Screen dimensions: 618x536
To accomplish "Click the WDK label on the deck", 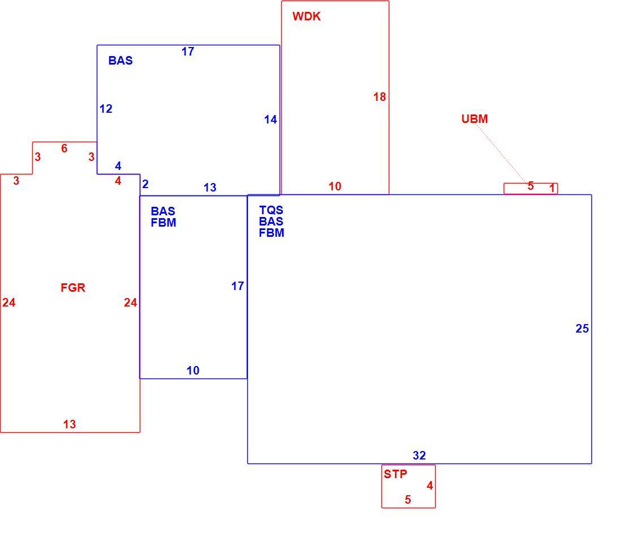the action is point(306,16).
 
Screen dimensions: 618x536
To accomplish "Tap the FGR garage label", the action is point(73,288).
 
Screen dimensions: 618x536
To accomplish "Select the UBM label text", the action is point(474,119).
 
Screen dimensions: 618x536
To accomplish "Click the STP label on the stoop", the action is point(396,474).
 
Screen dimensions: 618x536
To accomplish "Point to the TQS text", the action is point(271,210).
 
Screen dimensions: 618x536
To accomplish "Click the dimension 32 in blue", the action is point(419,456).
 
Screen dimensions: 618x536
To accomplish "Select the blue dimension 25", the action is point(582,329).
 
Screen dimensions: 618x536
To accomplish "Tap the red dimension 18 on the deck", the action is point(380,97).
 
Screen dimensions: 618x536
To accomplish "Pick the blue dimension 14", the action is point(271,120).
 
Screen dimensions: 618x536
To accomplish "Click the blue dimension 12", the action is point(106,109).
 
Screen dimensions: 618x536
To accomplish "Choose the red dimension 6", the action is point(65,148).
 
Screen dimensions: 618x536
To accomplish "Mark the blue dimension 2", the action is point(145,184).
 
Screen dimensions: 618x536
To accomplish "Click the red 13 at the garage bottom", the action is point(70,424).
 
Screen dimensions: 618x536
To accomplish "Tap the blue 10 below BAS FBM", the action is point(193,371).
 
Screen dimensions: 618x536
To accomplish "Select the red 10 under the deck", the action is point(334,186).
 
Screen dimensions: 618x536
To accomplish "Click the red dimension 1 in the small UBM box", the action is point(552,188).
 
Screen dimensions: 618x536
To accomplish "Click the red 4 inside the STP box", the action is point(430,486).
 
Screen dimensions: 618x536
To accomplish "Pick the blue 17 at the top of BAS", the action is point(188,52).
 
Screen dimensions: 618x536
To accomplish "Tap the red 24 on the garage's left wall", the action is point(8,303).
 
